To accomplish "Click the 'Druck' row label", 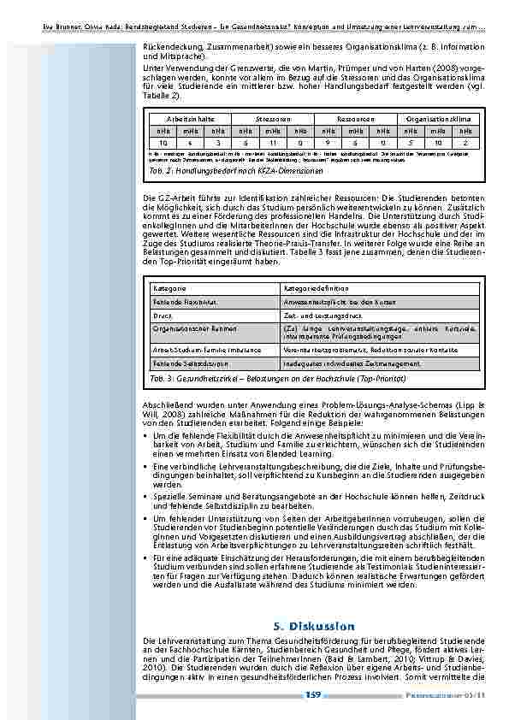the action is click(x=161, y=316).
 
